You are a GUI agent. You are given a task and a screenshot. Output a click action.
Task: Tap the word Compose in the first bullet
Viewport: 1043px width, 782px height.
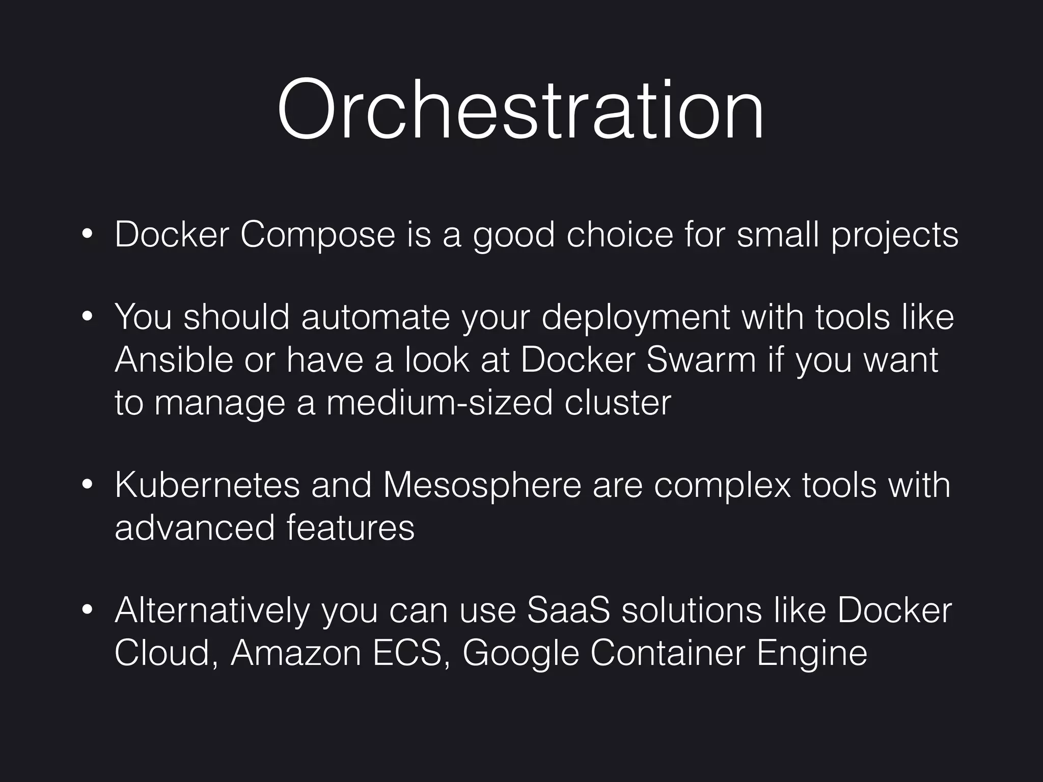pos(317,235)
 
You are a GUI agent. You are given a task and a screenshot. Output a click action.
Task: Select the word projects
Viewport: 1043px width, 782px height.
pos(895,236)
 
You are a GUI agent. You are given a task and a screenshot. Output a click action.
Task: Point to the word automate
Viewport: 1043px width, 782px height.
pos(375,317)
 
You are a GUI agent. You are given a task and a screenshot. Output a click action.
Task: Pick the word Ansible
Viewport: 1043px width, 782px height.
pos(173,359)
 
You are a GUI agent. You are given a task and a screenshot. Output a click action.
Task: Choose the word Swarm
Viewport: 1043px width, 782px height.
pos(701,359)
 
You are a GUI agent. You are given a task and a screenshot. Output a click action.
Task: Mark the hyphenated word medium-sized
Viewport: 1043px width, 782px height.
pos(439,403)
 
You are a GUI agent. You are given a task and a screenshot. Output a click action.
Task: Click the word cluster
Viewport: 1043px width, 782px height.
pos(617,403)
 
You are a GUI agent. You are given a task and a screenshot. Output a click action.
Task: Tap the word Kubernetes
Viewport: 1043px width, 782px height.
pos(207,485)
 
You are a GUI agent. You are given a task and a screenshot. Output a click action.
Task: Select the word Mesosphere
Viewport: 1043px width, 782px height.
pos(482,486)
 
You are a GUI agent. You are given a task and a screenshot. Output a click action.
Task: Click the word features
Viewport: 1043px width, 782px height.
pos(350,527)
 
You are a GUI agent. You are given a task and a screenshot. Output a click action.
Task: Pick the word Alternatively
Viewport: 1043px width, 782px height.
pos(212,610)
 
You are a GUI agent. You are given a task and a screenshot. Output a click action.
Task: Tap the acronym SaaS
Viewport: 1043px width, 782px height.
pos(568,610)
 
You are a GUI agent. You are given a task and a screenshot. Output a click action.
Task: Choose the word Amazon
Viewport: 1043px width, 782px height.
pos(296,653)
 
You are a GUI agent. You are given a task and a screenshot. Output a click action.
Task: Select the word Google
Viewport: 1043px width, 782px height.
pos(520,654)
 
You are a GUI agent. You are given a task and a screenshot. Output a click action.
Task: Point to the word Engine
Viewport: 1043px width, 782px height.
pos(812,654)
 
